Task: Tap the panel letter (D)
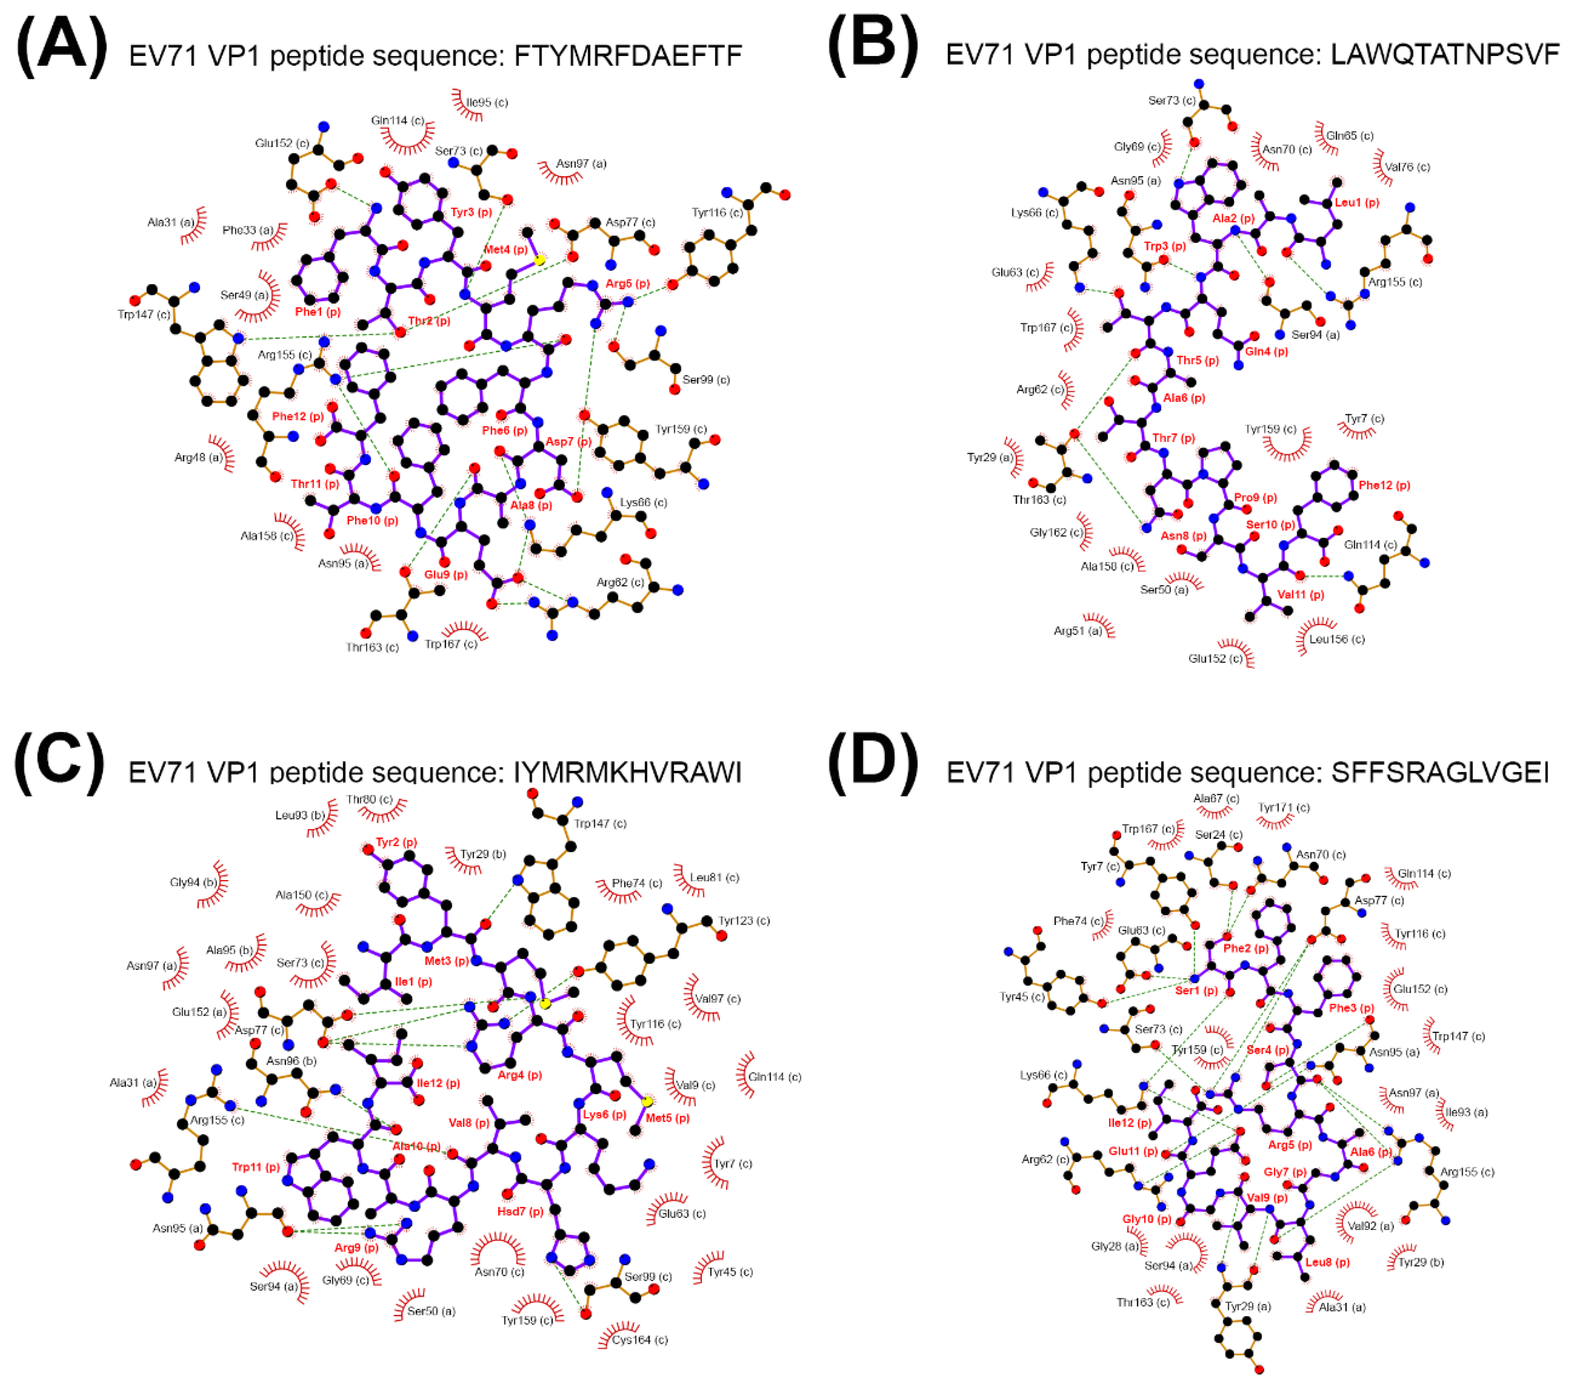point(873,762)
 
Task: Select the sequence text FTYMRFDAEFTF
point(628,56)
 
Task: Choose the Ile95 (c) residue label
point(487,102)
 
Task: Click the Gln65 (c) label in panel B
point(1349,135)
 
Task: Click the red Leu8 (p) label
point(1327,1262)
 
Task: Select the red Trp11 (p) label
point(256,1167)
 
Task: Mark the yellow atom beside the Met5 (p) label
point(647,1101)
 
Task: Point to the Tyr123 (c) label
point(744,921)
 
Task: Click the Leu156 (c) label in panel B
point(1337,639)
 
